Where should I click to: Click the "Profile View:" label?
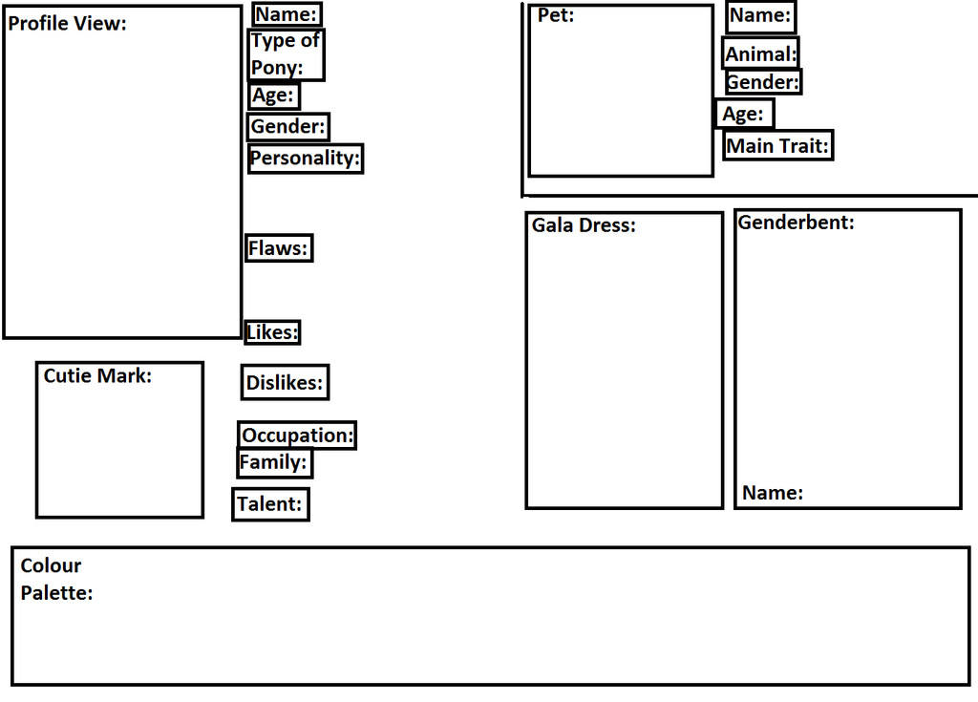(x=68, y=24)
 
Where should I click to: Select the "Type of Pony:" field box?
(x=287, y=54)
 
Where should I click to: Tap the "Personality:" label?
(x=305, y=158)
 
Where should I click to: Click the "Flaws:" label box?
(x=279, y=247)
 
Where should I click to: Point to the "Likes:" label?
(x=272, y=332)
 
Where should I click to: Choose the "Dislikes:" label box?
(x=285, y=382)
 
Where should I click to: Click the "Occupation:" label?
(x=298, y=435)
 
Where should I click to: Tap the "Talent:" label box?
(x=270, y=504)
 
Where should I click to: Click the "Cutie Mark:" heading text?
(x=97, y=375)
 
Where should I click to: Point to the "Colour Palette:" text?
(x=56, y=579)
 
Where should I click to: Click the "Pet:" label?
(x=556, y=15)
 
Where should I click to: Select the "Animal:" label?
(x=761, y=54)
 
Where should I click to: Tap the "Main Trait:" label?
(x=777, y=146)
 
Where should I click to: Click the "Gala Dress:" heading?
(x=584, y=225)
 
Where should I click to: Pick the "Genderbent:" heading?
(x=796, y=223)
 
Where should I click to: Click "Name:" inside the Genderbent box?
(x=773, y=493)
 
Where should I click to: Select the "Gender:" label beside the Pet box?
(x=763, y=82)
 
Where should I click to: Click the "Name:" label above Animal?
(x=760, y=15)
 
